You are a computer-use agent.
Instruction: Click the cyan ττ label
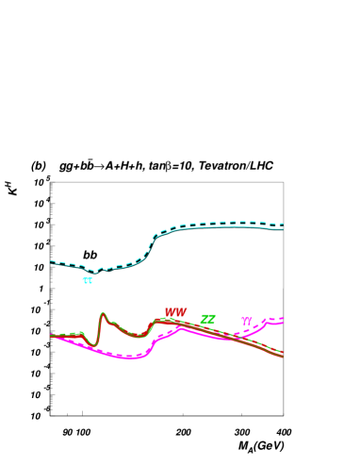pos(88,280)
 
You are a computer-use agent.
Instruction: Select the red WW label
pos(175,312)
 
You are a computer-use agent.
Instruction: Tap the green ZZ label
pos(207,319)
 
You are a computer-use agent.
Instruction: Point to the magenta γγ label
pos(247,321)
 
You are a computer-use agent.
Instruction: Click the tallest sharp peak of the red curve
pos(103,313)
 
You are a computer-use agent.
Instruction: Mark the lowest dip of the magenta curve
pos(132,358)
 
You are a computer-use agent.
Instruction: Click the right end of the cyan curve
pos(283,226)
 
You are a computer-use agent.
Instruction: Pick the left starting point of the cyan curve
pos(51,262)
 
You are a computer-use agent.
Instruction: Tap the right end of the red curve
pos(283,355)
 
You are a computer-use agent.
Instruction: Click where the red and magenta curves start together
pos(52,335)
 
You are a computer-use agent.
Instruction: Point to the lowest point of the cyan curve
pos(94,273)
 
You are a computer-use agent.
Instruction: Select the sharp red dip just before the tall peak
pos(96,343)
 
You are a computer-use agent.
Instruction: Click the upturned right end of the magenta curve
pos(281,320)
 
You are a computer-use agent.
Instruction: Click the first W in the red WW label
pos(171,312)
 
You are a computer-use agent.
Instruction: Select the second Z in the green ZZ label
pos(211,319)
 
